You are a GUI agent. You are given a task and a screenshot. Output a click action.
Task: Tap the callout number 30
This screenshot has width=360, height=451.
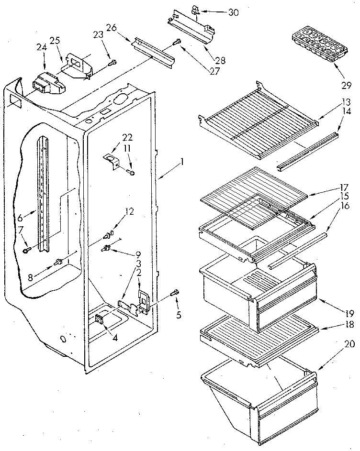pyautogui.click(x=233, y=12)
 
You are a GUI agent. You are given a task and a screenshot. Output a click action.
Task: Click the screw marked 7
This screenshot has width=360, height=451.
pyautogui.click(x=27, y=249)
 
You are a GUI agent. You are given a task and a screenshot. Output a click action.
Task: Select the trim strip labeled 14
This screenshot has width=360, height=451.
pyautogui.click(x=307, y=152)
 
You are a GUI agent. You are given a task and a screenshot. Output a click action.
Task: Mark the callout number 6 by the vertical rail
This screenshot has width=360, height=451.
pyautogui.click(x=20, y=217)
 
